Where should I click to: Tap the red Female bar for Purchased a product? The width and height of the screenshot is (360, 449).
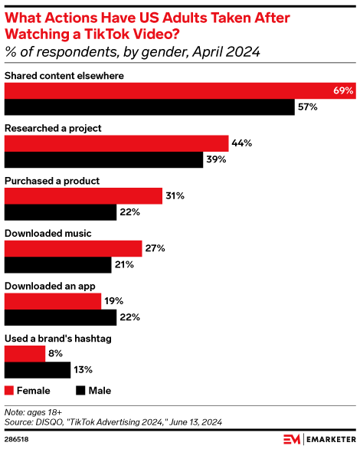(83, 196)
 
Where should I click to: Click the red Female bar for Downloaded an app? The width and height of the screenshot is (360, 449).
(53, 301)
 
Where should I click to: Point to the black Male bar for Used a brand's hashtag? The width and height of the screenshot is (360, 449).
(38, 370)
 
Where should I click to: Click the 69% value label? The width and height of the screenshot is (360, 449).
(343, 90)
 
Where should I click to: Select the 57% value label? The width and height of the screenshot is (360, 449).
(307, 107)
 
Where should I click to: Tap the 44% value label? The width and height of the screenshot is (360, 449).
(241, 143)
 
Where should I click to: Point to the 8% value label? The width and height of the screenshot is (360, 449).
(55, 354)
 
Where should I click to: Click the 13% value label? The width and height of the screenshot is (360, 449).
(83, 370)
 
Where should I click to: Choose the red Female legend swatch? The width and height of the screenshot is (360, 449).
(10, 391)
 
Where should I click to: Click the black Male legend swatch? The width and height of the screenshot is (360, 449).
(80, 391)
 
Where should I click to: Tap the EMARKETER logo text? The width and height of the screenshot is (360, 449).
(329, 440)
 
